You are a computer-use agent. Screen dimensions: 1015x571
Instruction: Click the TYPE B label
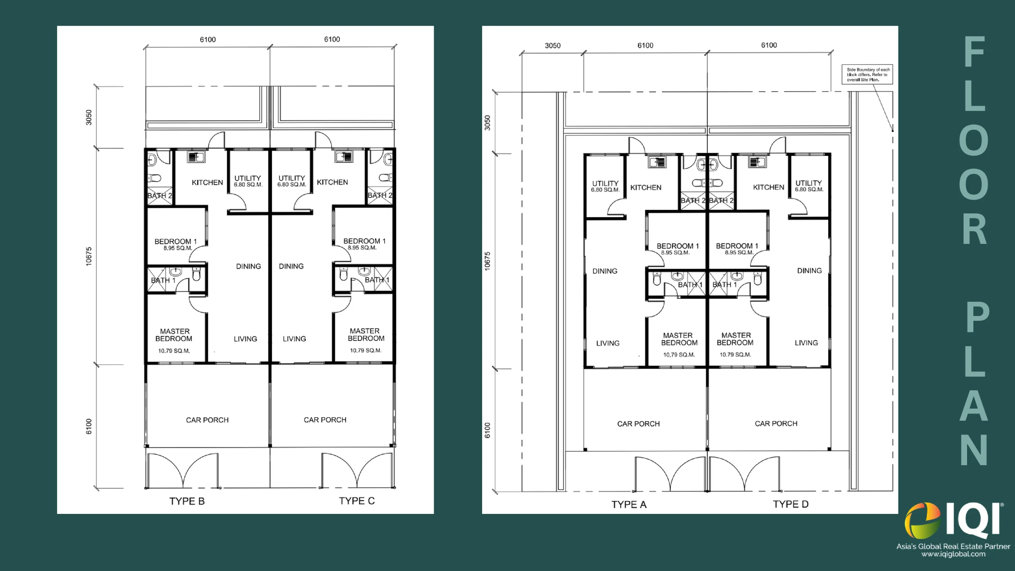(187, 501)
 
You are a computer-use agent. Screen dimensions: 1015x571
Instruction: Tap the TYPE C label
(357, 501)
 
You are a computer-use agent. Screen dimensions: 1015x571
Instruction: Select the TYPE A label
(629, 504)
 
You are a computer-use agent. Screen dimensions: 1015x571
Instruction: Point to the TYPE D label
(791, 504)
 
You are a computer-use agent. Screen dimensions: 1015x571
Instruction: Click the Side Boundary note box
(868, 75)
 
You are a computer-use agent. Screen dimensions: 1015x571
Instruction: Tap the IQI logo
(954, 521)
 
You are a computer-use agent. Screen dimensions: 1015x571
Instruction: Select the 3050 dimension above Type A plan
(553, 46)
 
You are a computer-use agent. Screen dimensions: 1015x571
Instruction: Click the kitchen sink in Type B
(196, 157)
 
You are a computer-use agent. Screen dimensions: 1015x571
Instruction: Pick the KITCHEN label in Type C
(332, 182)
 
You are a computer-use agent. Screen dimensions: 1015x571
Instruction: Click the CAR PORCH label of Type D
(776, 423)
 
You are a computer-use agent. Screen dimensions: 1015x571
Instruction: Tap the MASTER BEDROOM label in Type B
(174, 335)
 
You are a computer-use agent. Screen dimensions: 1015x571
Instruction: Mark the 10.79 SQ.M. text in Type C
(366, 350)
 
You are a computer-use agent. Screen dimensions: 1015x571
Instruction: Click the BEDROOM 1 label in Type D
(737, 246)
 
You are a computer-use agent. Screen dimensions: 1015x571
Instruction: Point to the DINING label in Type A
(605, 271)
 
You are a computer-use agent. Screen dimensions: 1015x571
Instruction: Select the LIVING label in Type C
(294, 339)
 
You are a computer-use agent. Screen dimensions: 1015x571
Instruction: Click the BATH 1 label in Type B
(163, 280)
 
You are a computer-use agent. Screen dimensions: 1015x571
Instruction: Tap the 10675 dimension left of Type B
(89, 256)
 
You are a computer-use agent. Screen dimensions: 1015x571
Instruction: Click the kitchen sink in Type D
(757, 162)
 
